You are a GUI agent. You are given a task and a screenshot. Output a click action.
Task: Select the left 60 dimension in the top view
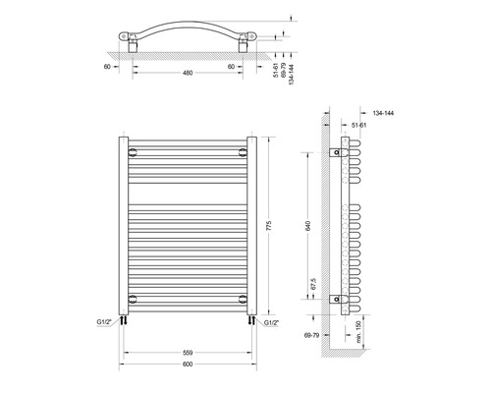tap(104, 68)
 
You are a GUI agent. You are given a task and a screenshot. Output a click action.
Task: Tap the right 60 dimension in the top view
tap(231, 68)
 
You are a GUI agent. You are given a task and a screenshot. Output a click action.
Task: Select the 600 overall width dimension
tap(185, 367)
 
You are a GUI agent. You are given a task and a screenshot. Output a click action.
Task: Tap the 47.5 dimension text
tap(312, 285)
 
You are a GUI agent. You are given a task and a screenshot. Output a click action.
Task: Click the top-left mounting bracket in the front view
tap(133, 152)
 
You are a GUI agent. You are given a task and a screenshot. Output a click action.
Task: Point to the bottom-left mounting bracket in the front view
tap(133, 296)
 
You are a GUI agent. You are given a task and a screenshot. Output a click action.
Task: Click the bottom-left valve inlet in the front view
tap(126, 318)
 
